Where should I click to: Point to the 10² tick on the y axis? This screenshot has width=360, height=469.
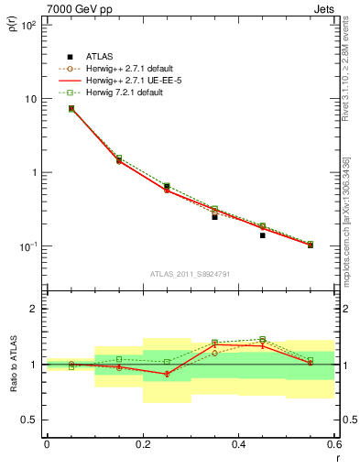[x=29, y=25]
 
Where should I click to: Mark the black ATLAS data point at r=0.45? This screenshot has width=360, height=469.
[x=262, y=235]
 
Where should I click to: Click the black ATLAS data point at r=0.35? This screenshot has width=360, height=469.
[x=214, y=217]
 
